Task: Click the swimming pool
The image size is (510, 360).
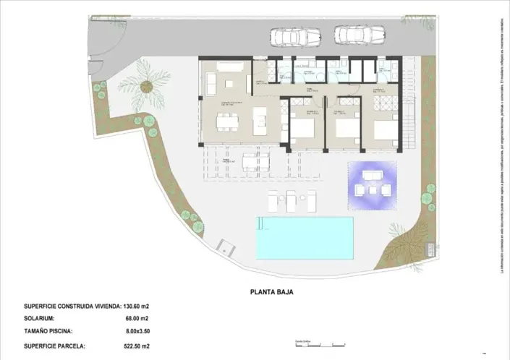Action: coord(305,238)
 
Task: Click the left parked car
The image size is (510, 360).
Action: coord(295,36)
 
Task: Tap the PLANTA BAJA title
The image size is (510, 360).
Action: coord(272,293)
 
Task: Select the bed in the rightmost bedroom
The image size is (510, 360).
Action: coord(384,130)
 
